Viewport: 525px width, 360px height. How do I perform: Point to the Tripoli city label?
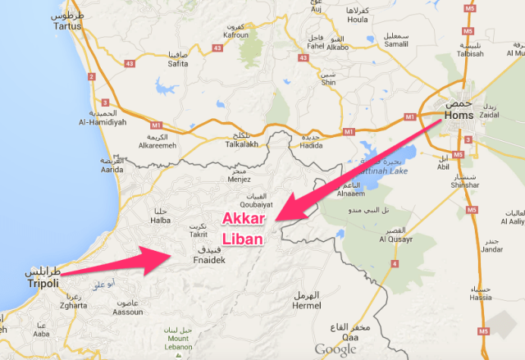click(x=30, y=283)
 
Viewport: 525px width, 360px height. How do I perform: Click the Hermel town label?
click(x=308, y=305)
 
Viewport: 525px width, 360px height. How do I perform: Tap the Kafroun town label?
click(x=235, y=35)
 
